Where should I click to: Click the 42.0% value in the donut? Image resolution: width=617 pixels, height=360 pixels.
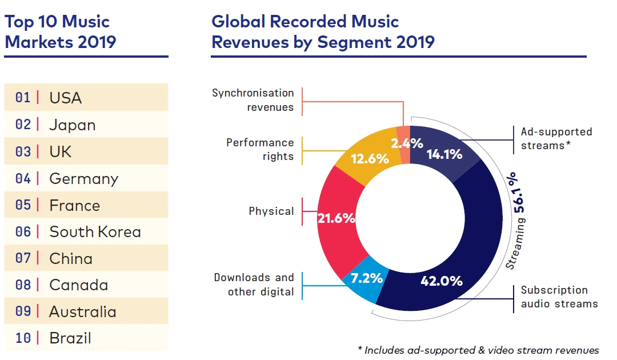click(x=441, y=281)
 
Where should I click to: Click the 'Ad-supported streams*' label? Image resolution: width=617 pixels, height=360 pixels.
click(x=556, y=139)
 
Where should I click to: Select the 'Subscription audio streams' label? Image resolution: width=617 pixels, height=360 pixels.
click(x=559, y=297)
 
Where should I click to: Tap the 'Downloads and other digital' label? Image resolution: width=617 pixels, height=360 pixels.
click(x=254, y=285)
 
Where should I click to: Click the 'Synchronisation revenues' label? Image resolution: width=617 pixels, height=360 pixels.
click(x=253, y=100)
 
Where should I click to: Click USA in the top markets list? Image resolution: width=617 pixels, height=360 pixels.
click(x=66, y=98)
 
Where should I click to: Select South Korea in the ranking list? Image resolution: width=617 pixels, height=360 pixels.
click(x=95, y=232)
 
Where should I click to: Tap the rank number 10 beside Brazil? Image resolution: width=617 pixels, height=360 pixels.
click(x=23, y=338)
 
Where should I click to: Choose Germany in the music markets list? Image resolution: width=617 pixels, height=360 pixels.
click(x=83, y=179)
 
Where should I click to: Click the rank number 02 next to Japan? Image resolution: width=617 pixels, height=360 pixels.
click(x=23, y=125)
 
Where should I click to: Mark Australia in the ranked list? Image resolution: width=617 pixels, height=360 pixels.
click(x=82, y=312)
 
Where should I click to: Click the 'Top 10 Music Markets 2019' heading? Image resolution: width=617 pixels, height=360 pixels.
click(x=60, y=31)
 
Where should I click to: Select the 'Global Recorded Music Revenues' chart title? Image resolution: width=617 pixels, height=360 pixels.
click(x=323, y=31)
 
